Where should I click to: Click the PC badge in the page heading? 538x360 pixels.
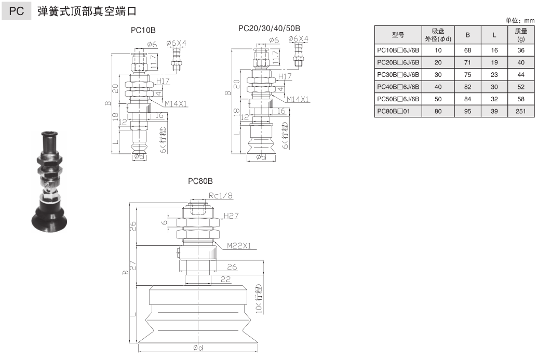17,11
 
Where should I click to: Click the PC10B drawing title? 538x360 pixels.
143,30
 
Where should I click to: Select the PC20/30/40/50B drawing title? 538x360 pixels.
269,28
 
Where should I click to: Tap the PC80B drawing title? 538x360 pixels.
200,181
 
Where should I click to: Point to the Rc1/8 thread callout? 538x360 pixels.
220,195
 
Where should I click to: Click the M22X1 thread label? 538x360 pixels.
238,246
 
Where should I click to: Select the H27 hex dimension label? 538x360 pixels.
232,216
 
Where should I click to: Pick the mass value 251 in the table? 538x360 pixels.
521,111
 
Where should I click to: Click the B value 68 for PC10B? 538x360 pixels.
467,50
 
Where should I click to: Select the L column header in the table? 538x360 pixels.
494,35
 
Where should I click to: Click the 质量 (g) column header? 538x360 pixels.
521,35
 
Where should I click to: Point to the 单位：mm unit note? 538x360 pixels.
519,20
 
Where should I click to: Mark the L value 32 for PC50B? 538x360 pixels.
494,99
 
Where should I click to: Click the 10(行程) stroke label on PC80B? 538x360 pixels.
258,299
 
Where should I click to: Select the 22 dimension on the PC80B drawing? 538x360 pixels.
225,279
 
